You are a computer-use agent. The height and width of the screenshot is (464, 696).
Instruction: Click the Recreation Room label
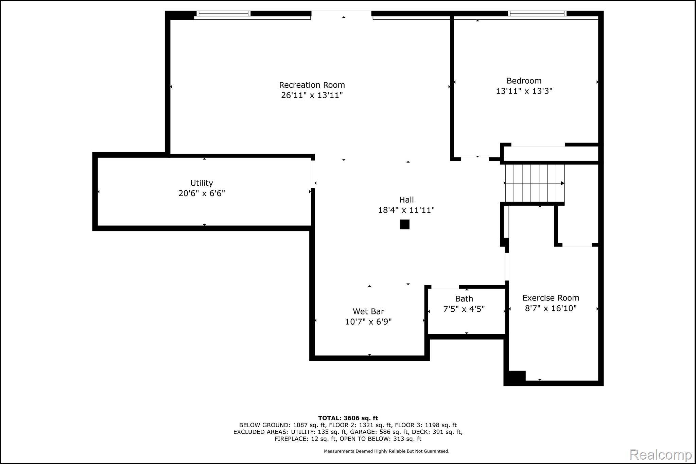[312, 85]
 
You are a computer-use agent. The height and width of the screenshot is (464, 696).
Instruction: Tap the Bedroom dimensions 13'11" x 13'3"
[524, 91]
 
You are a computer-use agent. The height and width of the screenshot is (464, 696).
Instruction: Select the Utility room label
[202, 183]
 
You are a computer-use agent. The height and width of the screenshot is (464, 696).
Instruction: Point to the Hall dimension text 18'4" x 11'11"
[406, 210]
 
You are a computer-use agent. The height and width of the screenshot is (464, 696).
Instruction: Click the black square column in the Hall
[404, 224]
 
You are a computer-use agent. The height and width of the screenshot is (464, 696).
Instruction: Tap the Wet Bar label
[368, 311]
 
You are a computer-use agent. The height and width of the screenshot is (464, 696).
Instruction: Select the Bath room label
[464, 299]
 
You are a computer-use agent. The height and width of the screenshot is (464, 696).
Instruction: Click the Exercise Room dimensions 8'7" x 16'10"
[551, 308]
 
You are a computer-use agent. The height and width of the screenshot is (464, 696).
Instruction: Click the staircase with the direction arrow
[534, 183]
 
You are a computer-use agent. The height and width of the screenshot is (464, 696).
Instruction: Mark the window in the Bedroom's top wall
[537, 14]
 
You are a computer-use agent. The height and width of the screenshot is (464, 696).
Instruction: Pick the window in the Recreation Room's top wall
[223, 14]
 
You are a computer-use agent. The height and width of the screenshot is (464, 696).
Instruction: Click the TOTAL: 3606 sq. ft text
[348, 418]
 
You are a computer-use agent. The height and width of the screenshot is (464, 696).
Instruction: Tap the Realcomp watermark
[660, 454]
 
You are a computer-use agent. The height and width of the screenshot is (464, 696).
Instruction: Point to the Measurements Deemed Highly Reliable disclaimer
[386, 451]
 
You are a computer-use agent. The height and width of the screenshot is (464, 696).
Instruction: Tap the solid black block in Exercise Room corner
[516, 377]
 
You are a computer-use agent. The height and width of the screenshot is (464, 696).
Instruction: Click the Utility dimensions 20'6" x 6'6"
[202, 193]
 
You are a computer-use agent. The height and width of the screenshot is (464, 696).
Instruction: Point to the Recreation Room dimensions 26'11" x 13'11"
[312, 95]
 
